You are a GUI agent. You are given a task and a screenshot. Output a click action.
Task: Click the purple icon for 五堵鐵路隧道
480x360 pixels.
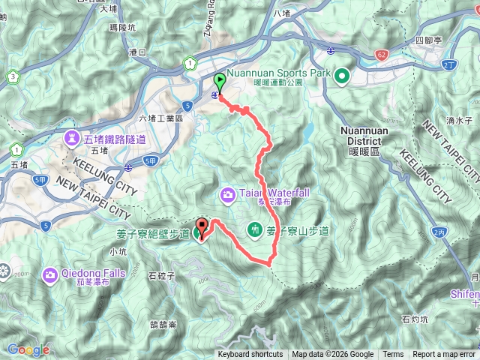[x=72, y=136]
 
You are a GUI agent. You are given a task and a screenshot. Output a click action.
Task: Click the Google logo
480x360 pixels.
[x=28, y=349]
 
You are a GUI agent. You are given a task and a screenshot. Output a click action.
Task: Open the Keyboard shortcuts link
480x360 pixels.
[x=250, y=355]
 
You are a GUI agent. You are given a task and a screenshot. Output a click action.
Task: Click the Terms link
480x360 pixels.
[x=393, y=355]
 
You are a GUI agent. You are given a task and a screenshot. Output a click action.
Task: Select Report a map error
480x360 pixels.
[x=443, y=355]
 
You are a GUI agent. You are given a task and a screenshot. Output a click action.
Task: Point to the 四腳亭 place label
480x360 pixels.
[x=430, y=39]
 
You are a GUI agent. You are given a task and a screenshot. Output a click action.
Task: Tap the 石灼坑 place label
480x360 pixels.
[x=414, y=319]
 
